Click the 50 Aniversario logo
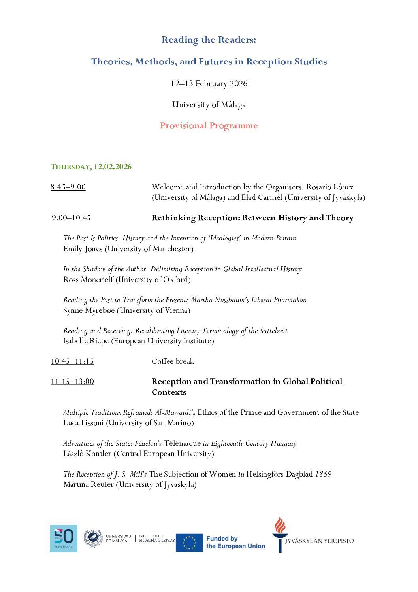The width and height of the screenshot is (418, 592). click(64, 538)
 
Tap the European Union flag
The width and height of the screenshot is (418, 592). click(189, 543)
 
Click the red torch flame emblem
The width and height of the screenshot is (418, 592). click(280, 526)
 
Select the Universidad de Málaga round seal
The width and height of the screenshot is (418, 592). click(93, 538)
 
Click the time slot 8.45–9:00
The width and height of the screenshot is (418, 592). click(68, 187)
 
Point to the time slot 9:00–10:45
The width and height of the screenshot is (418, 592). click(71, 218)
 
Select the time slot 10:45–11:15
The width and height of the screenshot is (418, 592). click(72, 361)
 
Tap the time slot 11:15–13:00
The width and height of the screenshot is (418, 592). click(72, 382)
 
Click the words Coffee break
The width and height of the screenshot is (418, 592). click(173, 361)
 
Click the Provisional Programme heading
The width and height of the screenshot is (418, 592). click(209, 126)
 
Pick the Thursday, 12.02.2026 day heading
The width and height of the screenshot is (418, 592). click(91, 167)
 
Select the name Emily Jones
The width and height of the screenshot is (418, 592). click(83, 249)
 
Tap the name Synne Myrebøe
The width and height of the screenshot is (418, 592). click(89, 310)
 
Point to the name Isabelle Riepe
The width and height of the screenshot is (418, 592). click(86, 341)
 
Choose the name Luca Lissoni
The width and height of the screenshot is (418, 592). click(83, 423)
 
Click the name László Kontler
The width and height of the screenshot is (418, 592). click(87, 454)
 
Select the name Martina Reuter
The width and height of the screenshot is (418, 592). click(88, 484)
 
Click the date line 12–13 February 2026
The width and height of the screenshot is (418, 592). click(209, 84)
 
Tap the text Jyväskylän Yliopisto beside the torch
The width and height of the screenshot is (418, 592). click(319, 541)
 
